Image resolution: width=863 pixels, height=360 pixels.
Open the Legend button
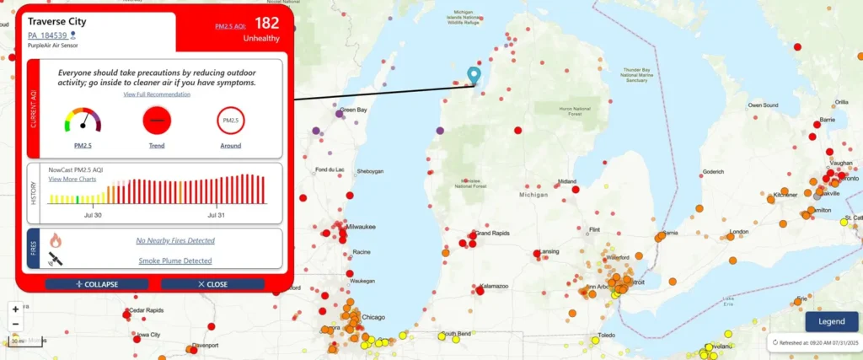(832, 321)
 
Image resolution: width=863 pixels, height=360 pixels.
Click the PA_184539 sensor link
(47, 35)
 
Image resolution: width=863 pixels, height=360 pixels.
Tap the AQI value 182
(266, 23)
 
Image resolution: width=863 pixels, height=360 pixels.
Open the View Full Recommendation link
(156, 94)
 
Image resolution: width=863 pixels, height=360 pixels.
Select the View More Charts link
(72, 180)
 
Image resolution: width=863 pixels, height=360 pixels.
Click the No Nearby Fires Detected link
(175, 240)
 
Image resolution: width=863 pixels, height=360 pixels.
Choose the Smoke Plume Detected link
(175, 261)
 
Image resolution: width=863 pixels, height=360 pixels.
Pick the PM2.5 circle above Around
(230, 121)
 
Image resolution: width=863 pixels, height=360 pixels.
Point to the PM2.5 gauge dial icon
(83, 121)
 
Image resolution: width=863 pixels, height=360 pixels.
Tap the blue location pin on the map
(474, 76)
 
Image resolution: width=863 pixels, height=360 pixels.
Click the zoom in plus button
(15, 309)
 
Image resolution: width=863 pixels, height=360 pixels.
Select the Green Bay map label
(352, 110)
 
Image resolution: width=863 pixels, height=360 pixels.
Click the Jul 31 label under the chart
(217, 216)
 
